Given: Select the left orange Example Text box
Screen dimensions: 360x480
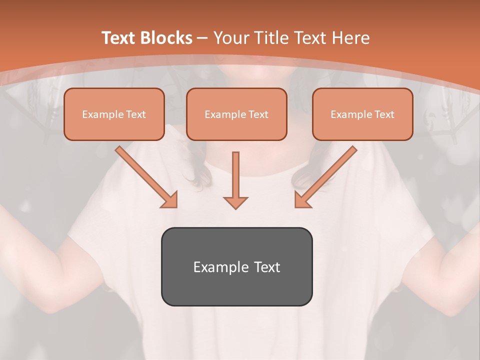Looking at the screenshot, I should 114,114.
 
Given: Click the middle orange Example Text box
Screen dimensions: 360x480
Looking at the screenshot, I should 236,114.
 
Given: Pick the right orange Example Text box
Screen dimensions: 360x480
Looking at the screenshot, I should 362,114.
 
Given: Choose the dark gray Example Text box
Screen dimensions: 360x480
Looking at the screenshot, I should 236,266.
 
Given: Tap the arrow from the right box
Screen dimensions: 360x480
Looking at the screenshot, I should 327,175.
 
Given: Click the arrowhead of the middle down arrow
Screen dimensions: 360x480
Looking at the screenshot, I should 235,202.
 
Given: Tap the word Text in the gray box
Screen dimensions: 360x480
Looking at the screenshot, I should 267,267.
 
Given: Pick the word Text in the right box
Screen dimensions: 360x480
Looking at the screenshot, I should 384,114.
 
